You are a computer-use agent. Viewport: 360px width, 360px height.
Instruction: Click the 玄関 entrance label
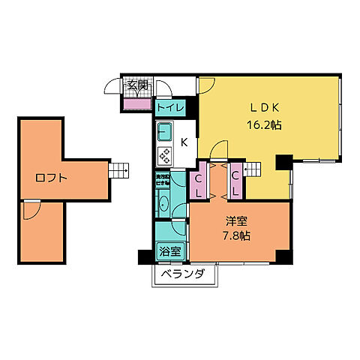coord(137,85)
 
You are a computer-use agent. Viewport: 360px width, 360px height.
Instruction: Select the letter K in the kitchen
coord(183,140)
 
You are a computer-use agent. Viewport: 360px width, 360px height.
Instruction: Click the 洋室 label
coord(235,221)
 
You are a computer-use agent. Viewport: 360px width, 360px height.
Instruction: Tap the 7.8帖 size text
coord(235,235)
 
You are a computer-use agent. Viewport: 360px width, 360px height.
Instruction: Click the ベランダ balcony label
coord(184,274)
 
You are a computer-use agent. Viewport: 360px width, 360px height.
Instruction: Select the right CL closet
coord(235,184)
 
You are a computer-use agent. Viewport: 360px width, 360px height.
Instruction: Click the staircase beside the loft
coord(118,172)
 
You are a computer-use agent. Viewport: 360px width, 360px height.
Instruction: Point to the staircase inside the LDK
coord(253,170)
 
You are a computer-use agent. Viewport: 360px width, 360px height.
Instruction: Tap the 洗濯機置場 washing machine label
coord(162,180)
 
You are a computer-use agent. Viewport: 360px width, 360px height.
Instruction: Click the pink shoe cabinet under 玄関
coord(137,101)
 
